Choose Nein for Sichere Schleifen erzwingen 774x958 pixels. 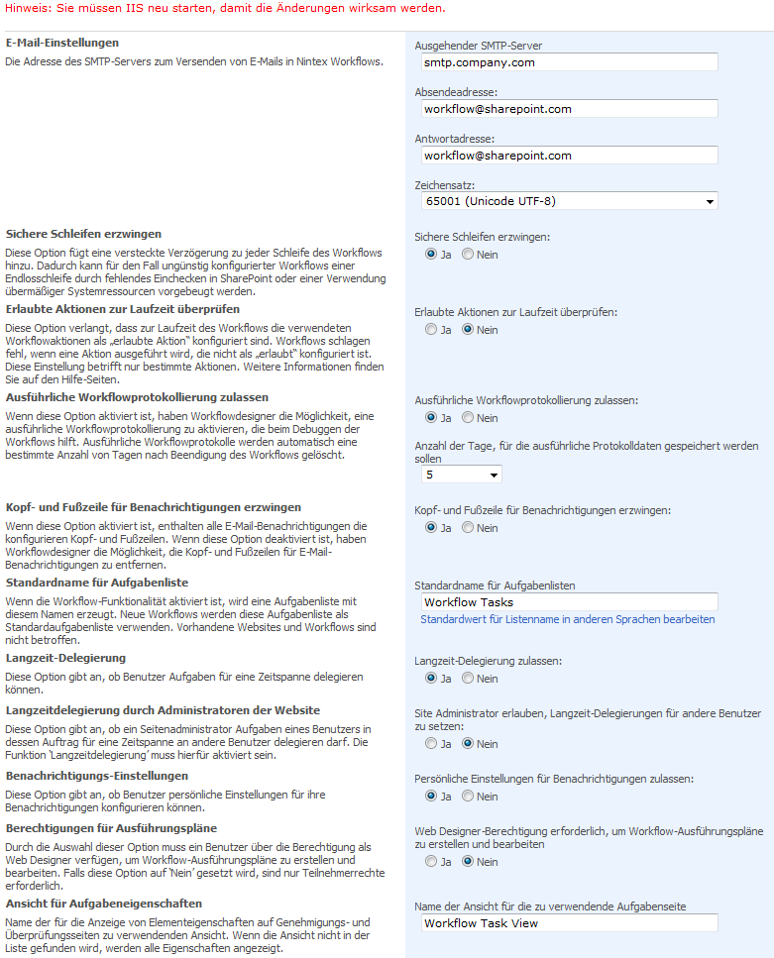tap(468, 255)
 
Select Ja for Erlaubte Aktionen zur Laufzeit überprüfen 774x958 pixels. tap(431, 330)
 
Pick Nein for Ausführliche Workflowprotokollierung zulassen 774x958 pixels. tap(468, 418)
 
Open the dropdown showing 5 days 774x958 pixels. tap(460, 475)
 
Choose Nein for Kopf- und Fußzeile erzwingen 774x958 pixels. tap(468, 528)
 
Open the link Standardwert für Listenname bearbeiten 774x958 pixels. tap(567, 620)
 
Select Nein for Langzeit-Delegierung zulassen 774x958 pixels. tap(468, 679)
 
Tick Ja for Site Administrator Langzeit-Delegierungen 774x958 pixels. tap(431, 743)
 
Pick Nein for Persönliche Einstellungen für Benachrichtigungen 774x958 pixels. tap(468, 797)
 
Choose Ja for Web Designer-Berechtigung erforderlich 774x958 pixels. tap(431, 862)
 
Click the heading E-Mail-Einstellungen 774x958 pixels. tap(62, 44)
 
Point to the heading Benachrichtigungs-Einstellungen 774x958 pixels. tap(97, 776)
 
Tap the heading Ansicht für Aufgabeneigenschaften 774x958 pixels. tap(104, 905)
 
